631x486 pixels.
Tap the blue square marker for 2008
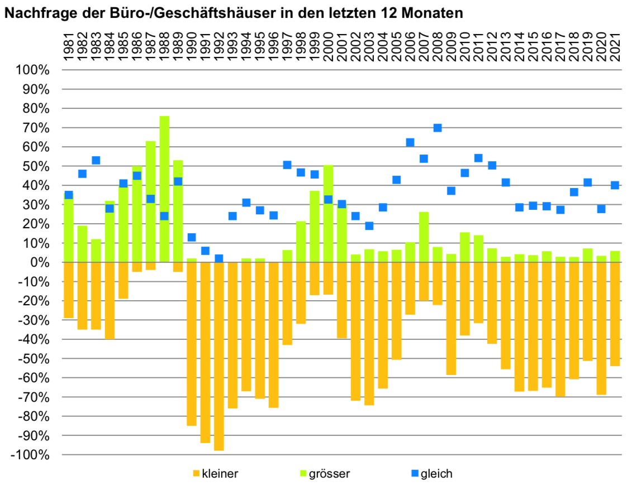(x=438, y=128)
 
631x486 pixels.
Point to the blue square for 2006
(x=410, y=143)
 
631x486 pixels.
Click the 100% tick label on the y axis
(x=35, y=70)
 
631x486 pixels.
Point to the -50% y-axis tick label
(x=35, y=359)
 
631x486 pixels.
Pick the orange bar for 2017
(x=560, y=329)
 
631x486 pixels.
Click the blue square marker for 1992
(x=219, y=258)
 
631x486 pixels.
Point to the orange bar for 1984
(x=109, y=301)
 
